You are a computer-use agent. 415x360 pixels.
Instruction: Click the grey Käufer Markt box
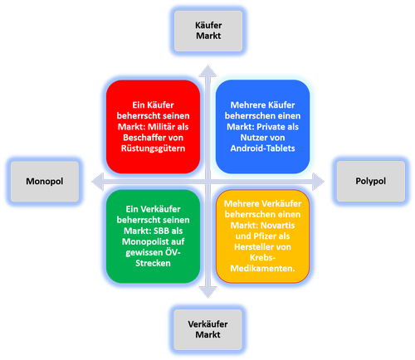[x=208, y=31]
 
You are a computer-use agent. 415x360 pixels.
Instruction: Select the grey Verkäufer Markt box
[x=207, y=329]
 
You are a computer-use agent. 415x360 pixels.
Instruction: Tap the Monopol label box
[x=45, y=182]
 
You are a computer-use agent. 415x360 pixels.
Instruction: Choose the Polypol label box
[x=371, y=181]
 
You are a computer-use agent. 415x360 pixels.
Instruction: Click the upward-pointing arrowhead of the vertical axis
[x=207, y=71]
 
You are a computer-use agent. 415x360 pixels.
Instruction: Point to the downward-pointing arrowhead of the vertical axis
[x=207, y=292]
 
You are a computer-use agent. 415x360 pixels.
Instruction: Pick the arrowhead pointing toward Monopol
[x=97, y=182]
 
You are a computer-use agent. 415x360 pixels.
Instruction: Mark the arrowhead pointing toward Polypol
[x=318, y=182]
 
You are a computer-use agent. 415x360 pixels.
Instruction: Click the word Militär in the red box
[x=161, y=127]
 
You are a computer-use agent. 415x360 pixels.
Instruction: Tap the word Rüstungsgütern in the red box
[x=153, y=148]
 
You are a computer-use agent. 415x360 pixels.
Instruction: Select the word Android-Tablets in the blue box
[x=262, y=148]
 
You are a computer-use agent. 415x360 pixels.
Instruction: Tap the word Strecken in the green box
[x=153, y=263]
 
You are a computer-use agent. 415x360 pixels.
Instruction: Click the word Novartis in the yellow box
[x=278, y=226]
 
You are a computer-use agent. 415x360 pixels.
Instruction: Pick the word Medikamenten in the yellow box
[x=261, y=269]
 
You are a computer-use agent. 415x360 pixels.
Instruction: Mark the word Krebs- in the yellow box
[x=262, y=258]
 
